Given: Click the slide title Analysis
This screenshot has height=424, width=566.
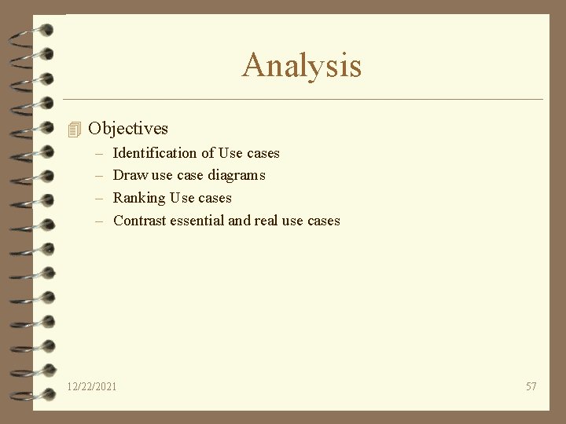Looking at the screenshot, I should (x=302, y=65).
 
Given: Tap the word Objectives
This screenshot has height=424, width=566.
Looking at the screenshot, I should (x=128, y=128).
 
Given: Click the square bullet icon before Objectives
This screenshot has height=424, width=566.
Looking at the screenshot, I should (x=75, y=129).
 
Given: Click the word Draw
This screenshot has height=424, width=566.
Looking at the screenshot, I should (x=130, y=175).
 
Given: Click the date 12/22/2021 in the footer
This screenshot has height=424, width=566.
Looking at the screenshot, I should (x=92, y=386).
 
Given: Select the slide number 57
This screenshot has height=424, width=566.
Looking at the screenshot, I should (x=531, y=386).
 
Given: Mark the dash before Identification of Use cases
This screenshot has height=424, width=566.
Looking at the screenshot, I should (x=99, y=153).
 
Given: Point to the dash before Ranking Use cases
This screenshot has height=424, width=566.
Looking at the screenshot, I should (x=99, y=198).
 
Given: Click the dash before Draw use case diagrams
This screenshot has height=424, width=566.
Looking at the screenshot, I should (x=99, y=175).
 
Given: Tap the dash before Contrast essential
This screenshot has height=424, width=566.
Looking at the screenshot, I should (x=99, y=221).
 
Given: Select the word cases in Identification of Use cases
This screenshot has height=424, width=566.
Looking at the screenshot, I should (x=263, y=153).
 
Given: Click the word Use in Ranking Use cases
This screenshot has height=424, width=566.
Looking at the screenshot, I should (x=182, y=198).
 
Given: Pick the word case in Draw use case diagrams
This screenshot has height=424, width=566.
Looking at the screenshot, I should (x=190, y=175).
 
